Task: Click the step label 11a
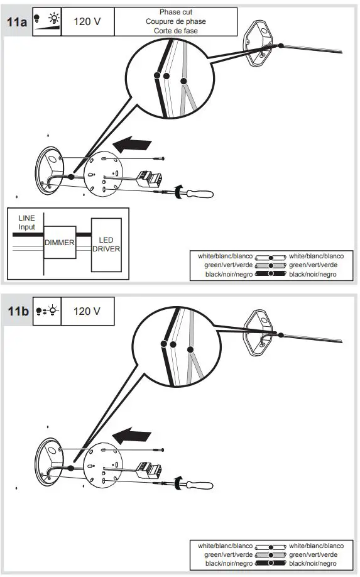[17, 21]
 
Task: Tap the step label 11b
[17, 311]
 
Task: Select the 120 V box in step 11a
[88, 21]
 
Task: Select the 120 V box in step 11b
[88, 311]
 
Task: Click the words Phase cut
[176, 13]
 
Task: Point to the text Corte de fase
[176, 30]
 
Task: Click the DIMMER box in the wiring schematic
[60, 242]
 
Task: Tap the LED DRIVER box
[106, 245]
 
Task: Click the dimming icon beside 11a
[47, 21]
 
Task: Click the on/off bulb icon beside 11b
[47, 311]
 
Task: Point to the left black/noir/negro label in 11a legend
[225, 275]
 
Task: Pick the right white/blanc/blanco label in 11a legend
[316, 256]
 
